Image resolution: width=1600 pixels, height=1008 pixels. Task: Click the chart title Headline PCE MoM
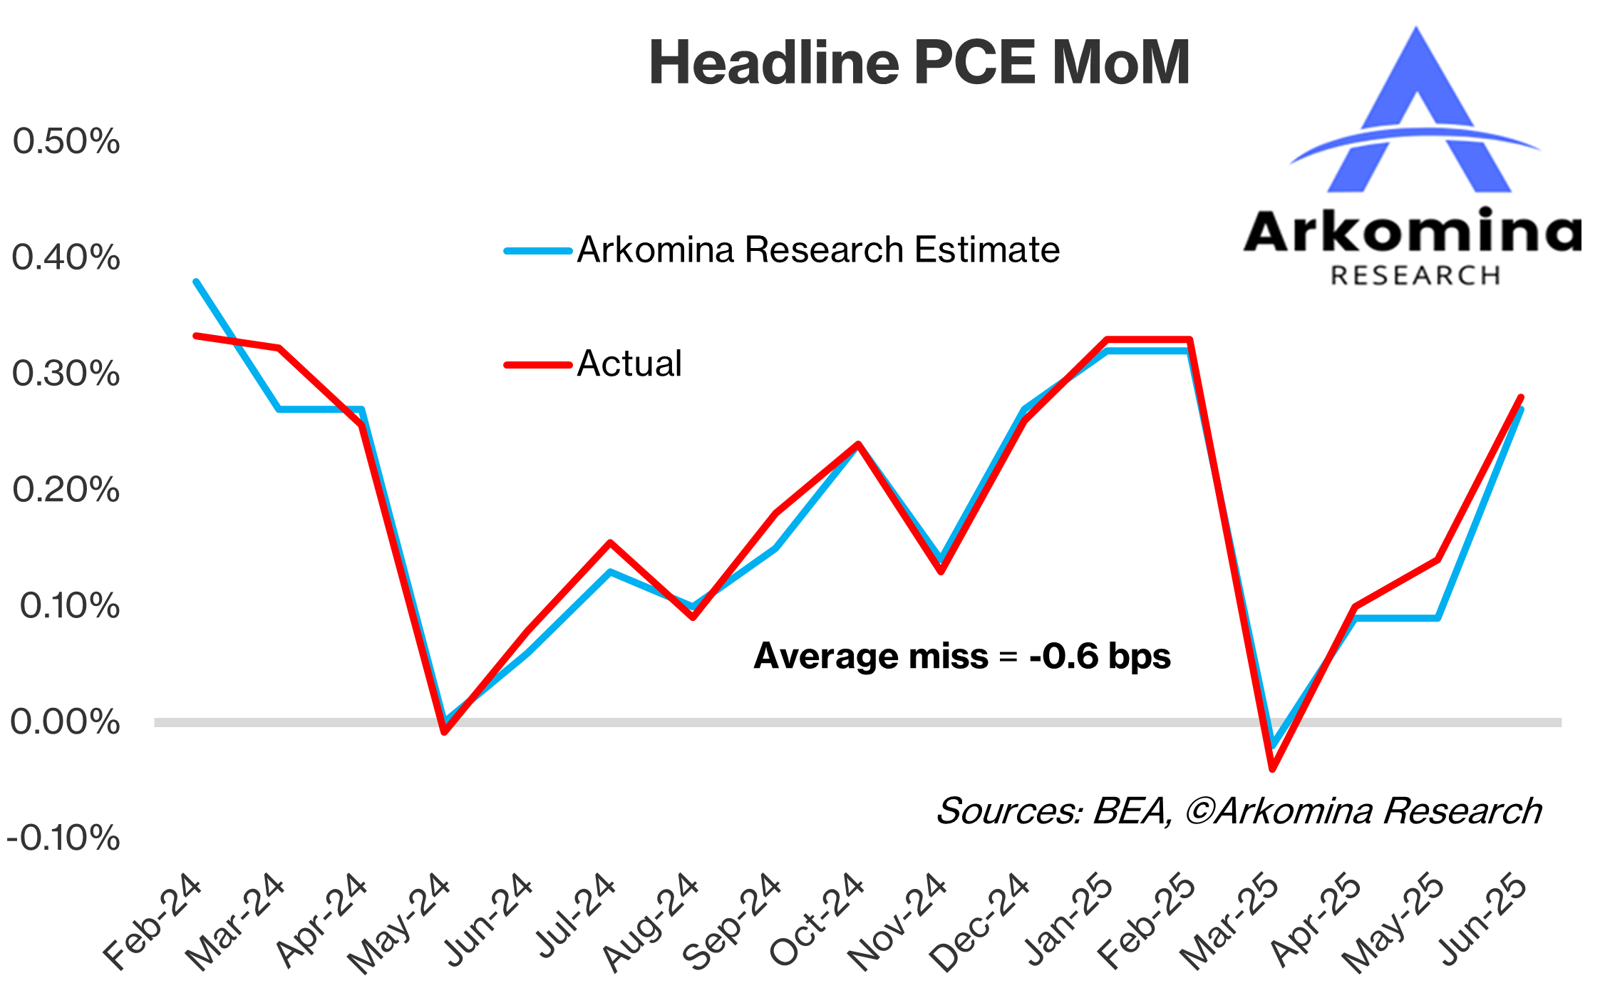click(919, 63)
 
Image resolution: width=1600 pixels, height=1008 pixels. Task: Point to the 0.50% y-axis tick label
click(66, 141)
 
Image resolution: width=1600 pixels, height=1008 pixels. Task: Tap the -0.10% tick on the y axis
click(63, 838)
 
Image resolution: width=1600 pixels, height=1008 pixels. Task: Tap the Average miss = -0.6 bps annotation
click(962, 656)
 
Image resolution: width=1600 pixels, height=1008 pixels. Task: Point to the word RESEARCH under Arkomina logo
click(1415, 276)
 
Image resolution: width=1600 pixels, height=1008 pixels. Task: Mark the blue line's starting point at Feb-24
click(196, 282)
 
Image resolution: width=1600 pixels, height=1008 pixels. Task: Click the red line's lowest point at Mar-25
click(1272, 769)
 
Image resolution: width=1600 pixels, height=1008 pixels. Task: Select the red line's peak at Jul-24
click(610, 543)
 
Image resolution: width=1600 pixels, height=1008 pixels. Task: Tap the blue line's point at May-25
click(1438, 617)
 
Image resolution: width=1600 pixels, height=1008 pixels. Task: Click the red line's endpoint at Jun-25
click(1521, 397)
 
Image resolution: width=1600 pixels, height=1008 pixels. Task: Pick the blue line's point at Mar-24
click(279, 409)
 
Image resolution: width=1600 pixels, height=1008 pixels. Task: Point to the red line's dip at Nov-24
click(941, 571)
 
